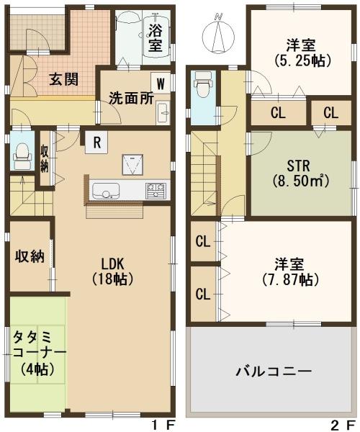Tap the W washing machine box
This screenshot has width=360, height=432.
pyautogui.click(x=161, y=83)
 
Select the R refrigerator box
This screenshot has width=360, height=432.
pyautogui.click(x=96, y=143)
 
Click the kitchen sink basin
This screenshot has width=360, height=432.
pyautogui.click(x=106, y=191)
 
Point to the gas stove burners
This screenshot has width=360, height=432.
pyautogui.click(x=156, y=190)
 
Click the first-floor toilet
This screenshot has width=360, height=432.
pyautogui.click(x=22, y=156)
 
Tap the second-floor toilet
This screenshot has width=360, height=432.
pyautogui.click(x=203, y=84)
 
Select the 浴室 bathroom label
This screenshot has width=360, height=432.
pyautogui.click(x=155, y=38)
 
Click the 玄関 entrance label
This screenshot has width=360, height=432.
pyautogui.click(x=64, y=80)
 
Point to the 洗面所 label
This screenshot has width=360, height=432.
pyautogui.click(x=131, y=98)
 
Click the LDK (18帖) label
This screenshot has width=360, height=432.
pyautogui.click(x=113, y=271)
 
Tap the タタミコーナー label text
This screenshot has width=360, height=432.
pyautogui.click(x=39, y=354)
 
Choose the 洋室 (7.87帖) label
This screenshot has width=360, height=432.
pyautogui.click(x=289, y=271)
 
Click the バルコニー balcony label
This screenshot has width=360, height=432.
pyautogui.click(x=274, y=372)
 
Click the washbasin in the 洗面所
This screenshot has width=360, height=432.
pyautogui.click(x=163, y=112)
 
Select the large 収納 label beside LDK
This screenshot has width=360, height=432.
pyautogui.click(x=30, y=256)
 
